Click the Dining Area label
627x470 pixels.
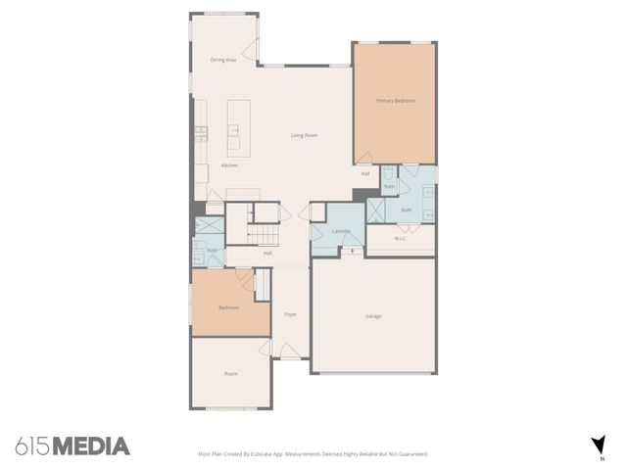(223, 60)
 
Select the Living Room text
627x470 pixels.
(304, 135)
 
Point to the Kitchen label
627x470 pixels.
(229, 165)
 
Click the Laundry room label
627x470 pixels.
(341, 231)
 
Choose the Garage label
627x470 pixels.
(373, 316)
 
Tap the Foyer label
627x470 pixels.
(290, 314)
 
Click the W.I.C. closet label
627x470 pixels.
(401, 238)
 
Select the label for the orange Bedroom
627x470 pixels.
(228, 307)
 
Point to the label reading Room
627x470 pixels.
(231, 373)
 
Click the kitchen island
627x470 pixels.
(235, 125)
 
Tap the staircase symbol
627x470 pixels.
(264, 233)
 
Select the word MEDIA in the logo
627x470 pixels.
(90, 446)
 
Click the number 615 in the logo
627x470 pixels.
(31, 446)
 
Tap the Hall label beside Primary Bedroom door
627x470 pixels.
(365, 173)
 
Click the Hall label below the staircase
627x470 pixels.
(266, 254)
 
